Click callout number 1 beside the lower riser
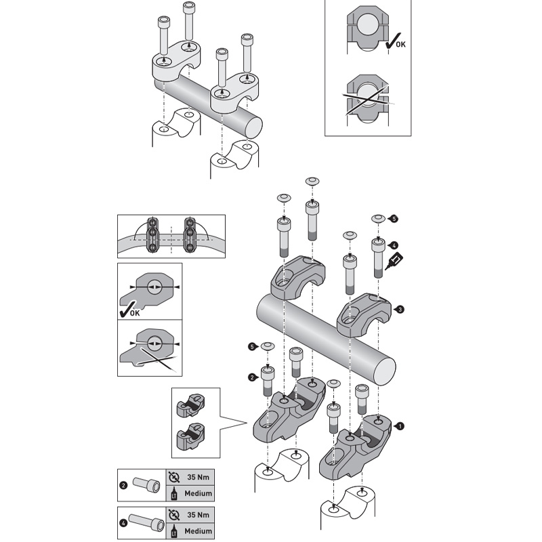tap(399, 426)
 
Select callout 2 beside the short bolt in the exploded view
tap(251, 376)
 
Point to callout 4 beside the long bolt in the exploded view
tap(394, 245)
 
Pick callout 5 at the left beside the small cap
tap(251, 346)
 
